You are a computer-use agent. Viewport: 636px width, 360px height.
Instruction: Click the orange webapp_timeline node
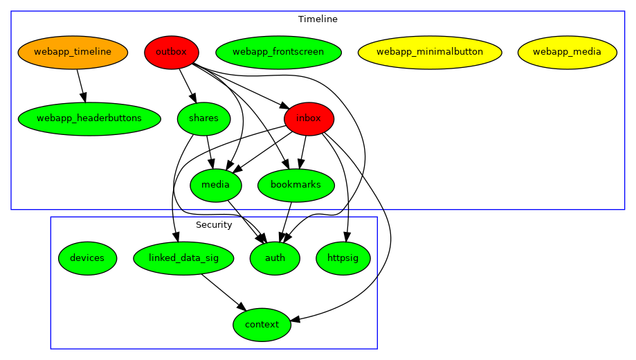(73, 52)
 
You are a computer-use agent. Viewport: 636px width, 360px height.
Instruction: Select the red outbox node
(172, 52)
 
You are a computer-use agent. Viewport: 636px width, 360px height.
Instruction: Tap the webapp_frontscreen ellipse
(278, 52)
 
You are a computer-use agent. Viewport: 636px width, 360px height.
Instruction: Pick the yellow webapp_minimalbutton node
(430, 52)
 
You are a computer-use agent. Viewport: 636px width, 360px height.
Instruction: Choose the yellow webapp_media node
(567, 52)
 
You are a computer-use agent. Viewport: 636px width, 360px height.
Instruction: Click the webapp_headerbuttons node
(89, 118)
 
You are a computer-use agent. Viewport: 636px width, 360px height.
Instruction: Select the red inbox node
(309, 118)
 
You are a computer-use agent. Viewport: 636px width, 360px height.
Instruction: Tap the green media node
(216, 185)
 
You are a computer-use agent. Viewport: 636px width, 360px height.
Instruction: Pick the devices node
(87, 258)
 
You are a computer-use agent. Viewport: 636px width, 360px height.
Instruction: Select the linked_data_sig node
(183, 258)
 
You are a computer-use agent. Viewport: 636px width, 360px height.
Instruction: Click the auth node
(275, 258)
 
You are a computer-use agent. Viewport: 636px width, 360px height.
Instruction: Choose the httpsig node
(343, 258)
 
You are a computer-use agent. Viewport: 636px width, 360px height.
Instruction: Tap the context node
(262, 325)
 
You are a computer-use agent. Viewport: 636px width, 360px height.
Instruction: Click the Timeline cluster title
(318, 19)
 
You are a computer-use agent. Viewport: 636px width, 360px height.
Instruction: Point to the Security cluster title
(214, 225)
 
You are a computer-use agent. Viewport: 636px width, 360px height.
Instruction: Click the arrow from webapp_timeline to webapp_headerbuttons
(81, 85)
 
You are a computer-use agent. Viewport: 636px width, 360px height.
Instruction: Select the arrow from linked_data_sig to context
(223, 291)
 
